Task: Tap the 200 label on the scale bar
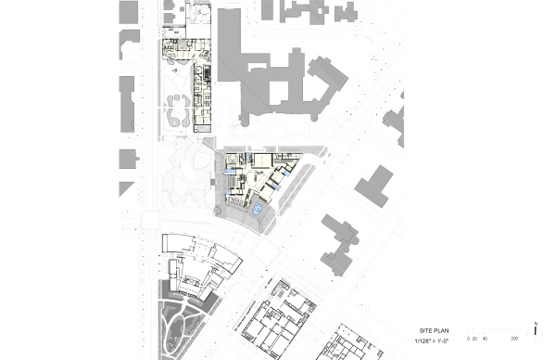pos(513,339)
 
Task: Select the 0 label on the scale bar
pos(468,339)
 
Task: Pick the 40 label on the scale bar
pos(485,339)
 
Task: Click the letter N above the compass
pos(537,322)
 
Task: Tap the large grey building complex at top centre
pos(273,79)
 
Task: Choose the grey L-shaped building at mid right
pos(373,186)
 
